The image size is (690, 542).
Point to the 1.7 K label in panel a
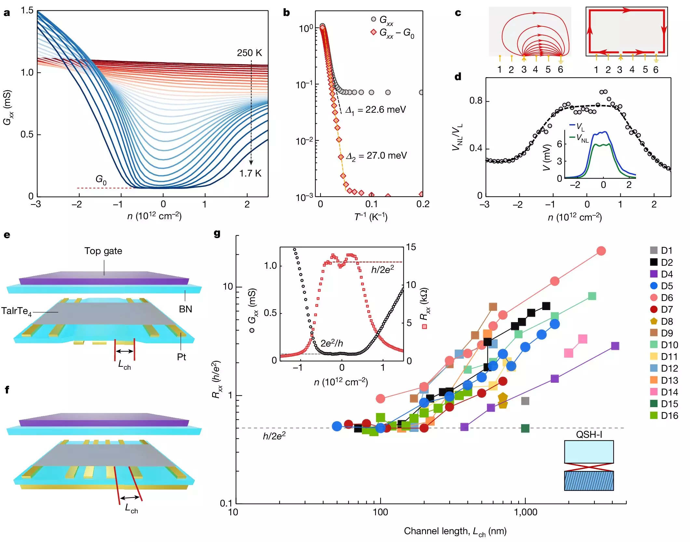click(250, 173)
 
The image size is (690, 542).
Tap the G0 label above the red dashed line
click(101, 179)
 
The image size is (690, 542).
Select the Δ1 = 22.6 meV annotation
click(375, 110)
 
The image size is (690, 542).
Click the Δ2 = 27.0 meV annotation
click(376, 156)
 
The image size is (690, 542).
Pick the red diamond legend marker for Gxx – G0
click(373, 32)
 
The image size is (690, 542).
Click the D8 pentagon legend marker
click(653, 321)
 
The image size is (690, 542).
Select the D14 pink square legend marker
click(653, 392)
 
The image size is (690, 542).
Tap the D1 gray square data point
click(525, 401)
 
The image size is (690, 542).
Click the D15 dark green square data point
click(525, 428)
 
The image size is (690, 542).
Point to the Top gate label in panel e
click(103, 251)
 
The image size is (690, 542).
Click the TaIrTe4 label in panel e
click(16, 311)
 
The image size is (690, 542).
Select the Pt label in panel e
click(181, 357)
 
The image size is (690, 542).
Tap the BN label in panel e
click(185, 309)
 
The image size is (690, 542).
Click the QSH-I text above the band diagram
click(589, 435)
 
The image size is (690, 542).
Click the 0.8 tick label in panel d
click(476, 101)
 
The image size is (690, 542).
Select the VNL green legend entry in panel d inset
click(579, 138)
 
